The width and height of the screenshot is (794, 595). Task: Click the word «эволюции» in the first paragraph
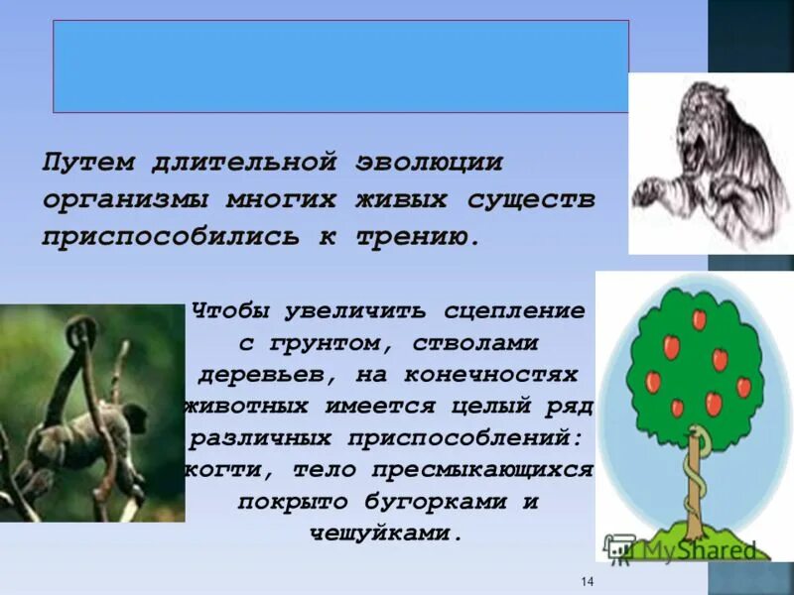(x=428, y=162)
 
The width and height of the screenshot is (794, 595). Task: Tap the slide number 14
(x=587, y=581)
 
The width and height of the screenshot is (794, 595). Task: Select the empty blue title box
(x=340, y=65)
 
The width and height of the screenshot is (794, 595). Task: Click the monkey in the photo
(x=74, y=416)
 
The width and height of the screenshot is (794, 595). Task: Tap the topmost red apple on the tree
(x=699, y=319)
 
